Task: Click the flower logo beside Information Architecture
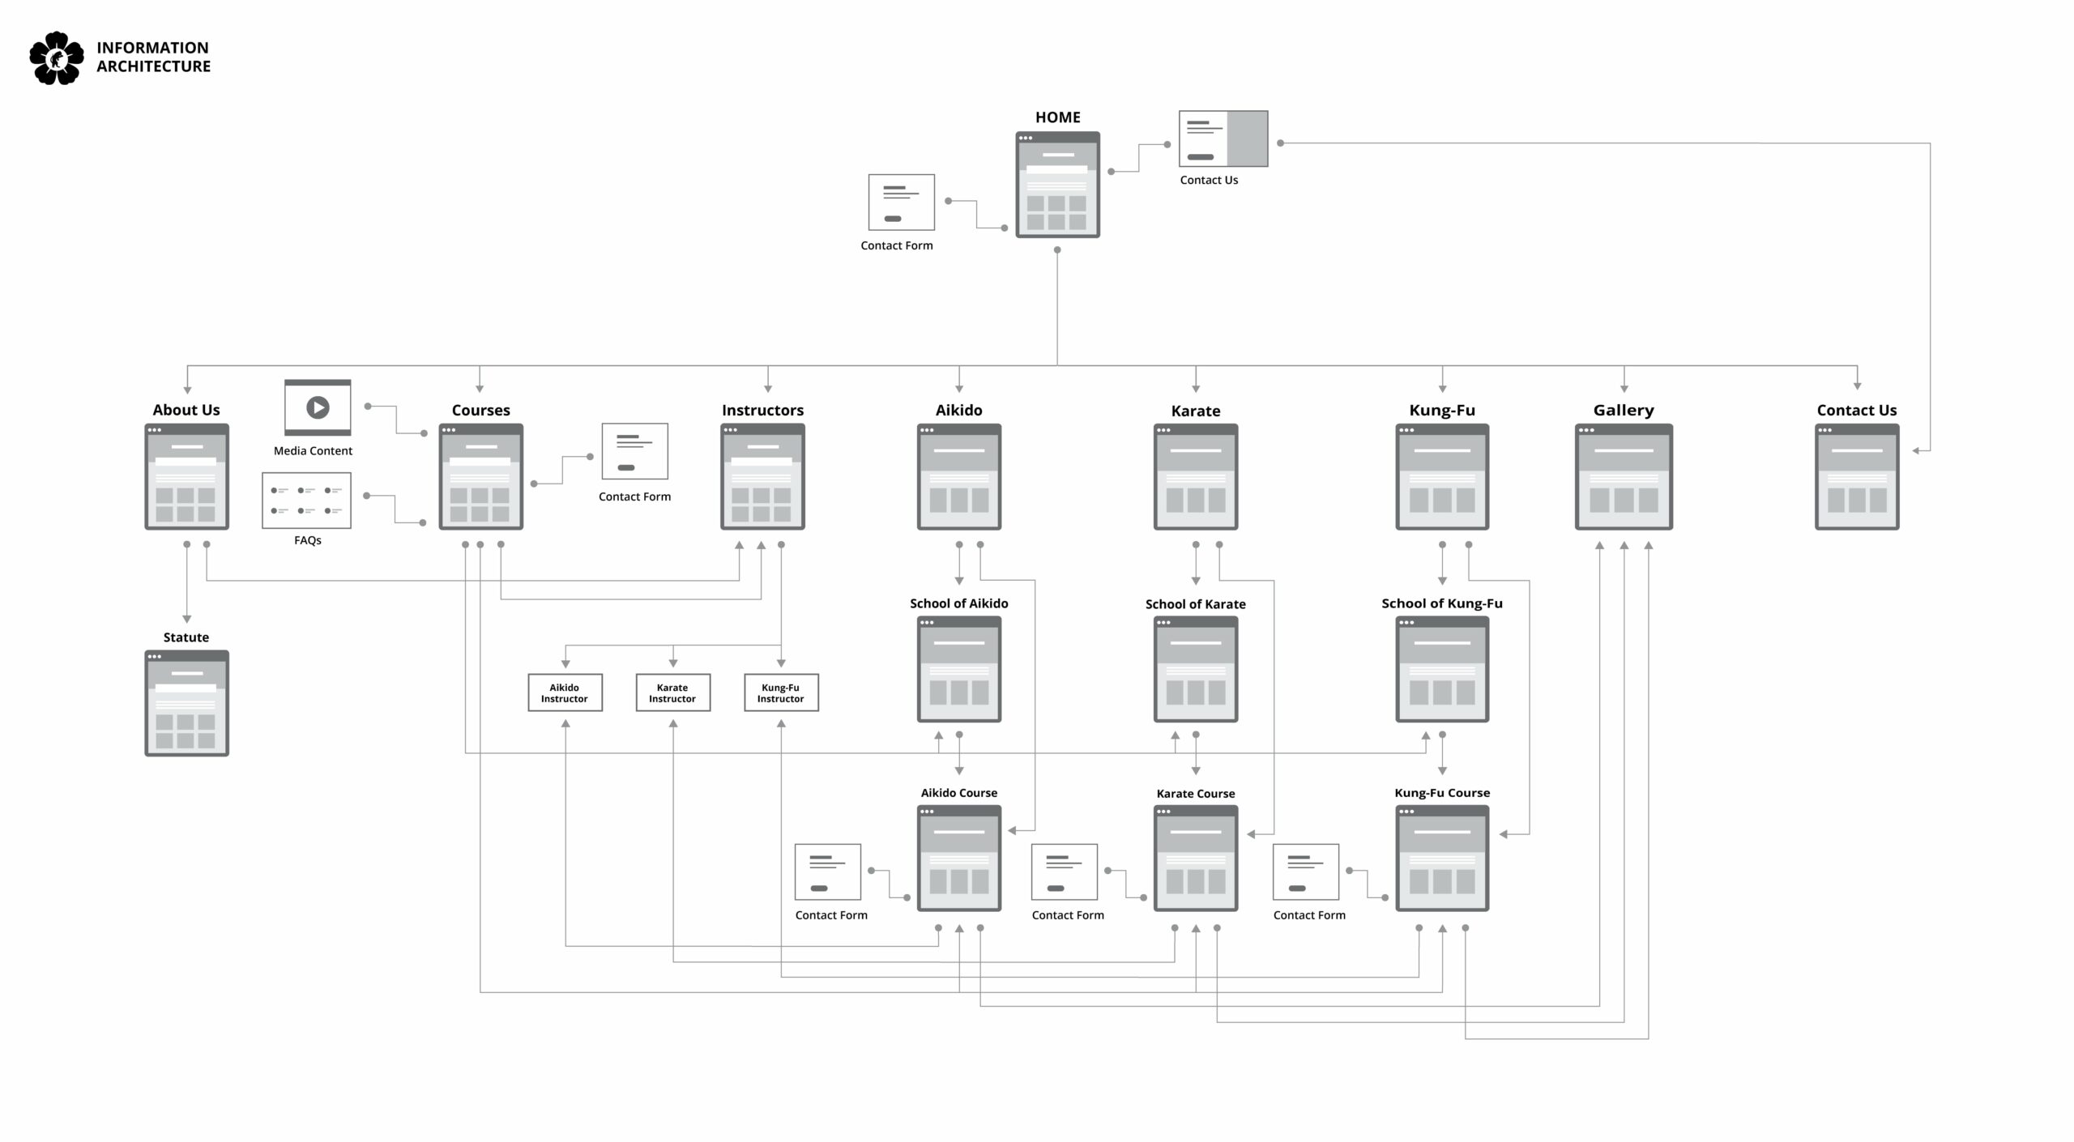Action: click(x=57, y=58)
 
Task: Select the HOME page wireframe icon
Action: click(x=1057, y=185)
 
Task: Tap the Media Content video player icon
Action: click(x=318, y=407)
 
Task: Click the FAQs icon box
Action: click(x=306, y=501)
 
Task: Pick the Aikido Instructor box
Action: click(x=565, y=692)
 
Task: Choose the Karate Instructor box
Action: click(x=672, y=692)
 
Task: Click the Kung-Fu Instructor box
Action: click(x=781, y=692)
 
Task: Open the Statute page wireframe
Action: click(x=186, y=703)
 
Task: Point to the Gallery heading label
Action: click(x=1623, y=410)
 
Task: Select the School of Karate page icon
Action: click(x=1195, y=669)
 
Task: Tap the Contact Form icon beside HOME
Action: click(x=901, y=202)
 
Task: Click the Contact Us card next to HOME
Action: click(x=1223, y=139)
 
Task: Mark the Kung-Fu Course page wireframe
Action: click(x=1441, y=858)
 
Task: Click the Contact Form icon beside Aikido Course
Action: click(x=827, y=871)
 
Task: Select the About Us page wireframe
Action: click(x=186, y=476)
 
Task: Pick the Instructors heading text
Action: click(x=762, y=410)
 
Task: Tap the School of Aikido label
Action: click(x=958, y=603)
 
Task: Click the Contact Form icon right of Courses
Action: click(x=634, y=451)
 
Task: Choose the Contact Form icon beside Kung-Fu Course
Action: click(x=1305, y=871)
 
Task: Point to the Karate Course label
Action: click(x=1195, y=794)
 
